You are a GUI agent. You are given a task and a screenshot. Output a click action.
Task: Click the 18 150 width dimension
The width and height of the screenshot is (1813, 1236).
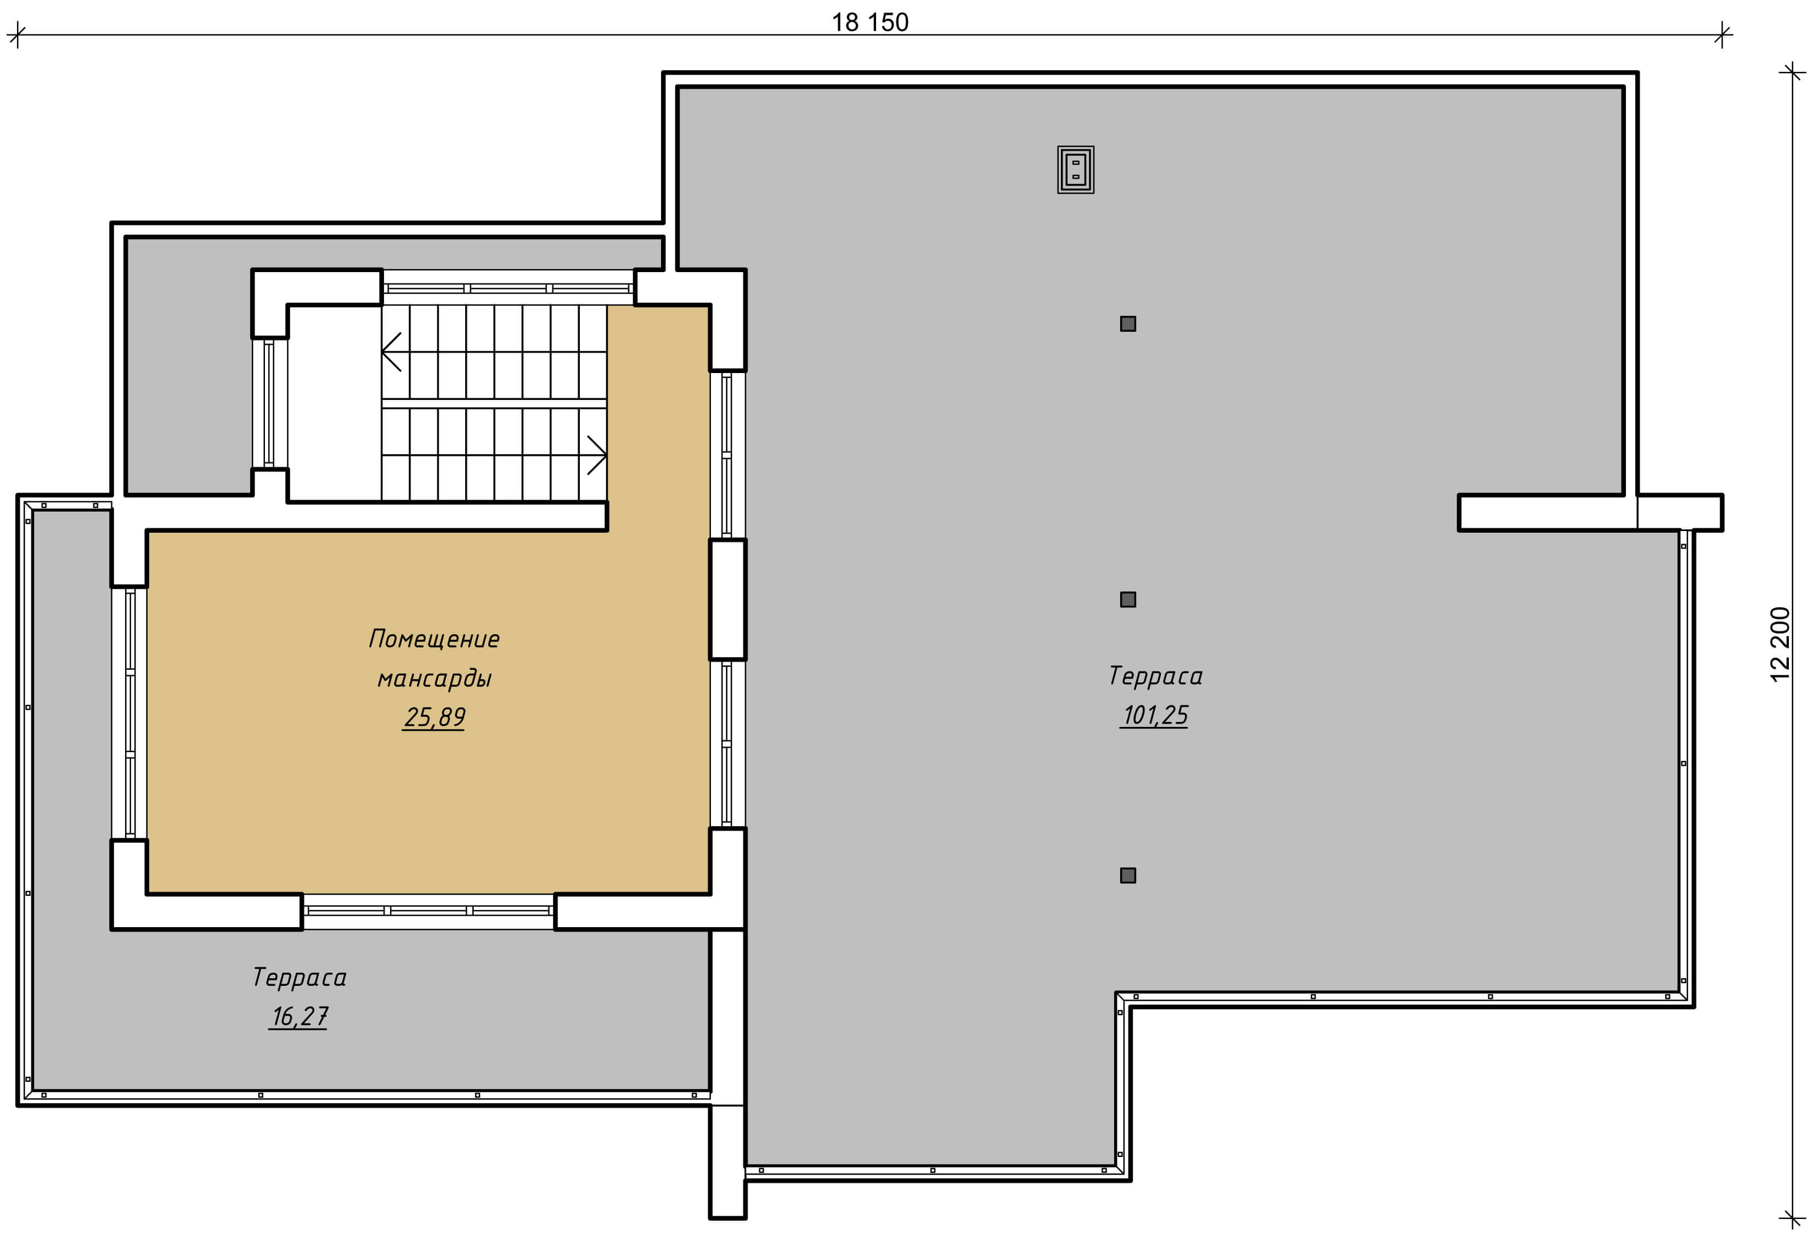tap(870, 22)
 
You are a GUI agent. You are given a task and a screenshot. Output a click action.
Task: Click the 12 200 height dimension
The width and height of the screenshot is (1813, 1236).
tap(1780, 645)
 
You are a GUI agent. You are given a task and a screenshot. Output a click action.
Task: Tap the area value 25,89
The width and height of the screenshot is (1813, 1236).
tap(434, 717)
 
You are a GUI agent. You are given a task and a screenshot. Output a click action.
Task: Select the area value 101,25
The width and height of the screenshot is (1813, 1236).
tap(1155, 715)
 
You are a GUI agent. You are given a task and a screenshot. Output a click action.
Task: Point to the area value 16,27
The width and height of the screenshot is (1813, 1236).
tap(299, 1016)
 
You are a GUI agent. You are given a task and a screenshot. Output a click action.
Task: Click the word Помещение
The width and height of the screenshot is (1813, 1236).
tap(434, 639)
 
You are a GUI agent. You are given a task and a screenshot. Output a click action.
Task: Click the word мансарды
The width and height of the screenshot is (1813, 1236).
tap(434, 678)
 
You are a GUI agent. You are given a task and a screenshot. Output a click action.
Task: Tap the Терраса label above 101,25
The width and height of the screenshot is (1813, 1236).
tap(1155, 676)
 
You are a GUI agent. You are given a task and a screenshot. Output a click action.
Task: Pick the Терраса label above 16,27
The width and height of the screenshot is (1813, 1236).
tap(299, 977)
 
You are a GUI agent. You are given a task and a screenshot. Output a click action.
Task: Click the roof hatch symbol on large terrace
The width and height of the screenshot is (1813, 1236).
tap(1076, 170)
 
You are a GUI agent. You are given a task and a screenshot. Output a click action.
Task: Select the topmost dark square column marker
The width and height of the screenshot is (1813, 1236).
tap(1128, 324)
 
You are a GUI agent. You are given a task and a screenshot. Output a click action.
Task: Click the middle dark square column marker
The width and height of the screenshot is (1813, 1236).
tap(1128, 599)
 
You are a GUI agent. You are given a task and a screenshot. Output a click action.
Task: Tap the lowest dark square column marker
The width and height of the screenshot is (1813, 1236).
tap(1128, 876)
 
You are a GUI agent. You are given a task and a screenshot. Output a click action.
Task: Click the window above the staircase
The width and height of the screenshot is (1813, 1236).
tap(508, 288)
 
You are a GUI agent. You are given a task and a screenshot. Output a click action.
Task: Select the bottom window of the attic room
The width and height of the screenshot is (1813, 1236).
tap(428, 911)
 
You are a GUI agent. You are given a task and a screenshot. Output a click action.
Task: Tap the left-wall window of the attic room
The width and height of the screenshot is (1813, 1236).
tap(129, 713)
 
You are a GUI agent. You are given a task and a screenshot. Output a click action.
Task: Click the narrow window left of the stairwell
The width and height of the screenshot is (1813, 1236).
tap(269, 403)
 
